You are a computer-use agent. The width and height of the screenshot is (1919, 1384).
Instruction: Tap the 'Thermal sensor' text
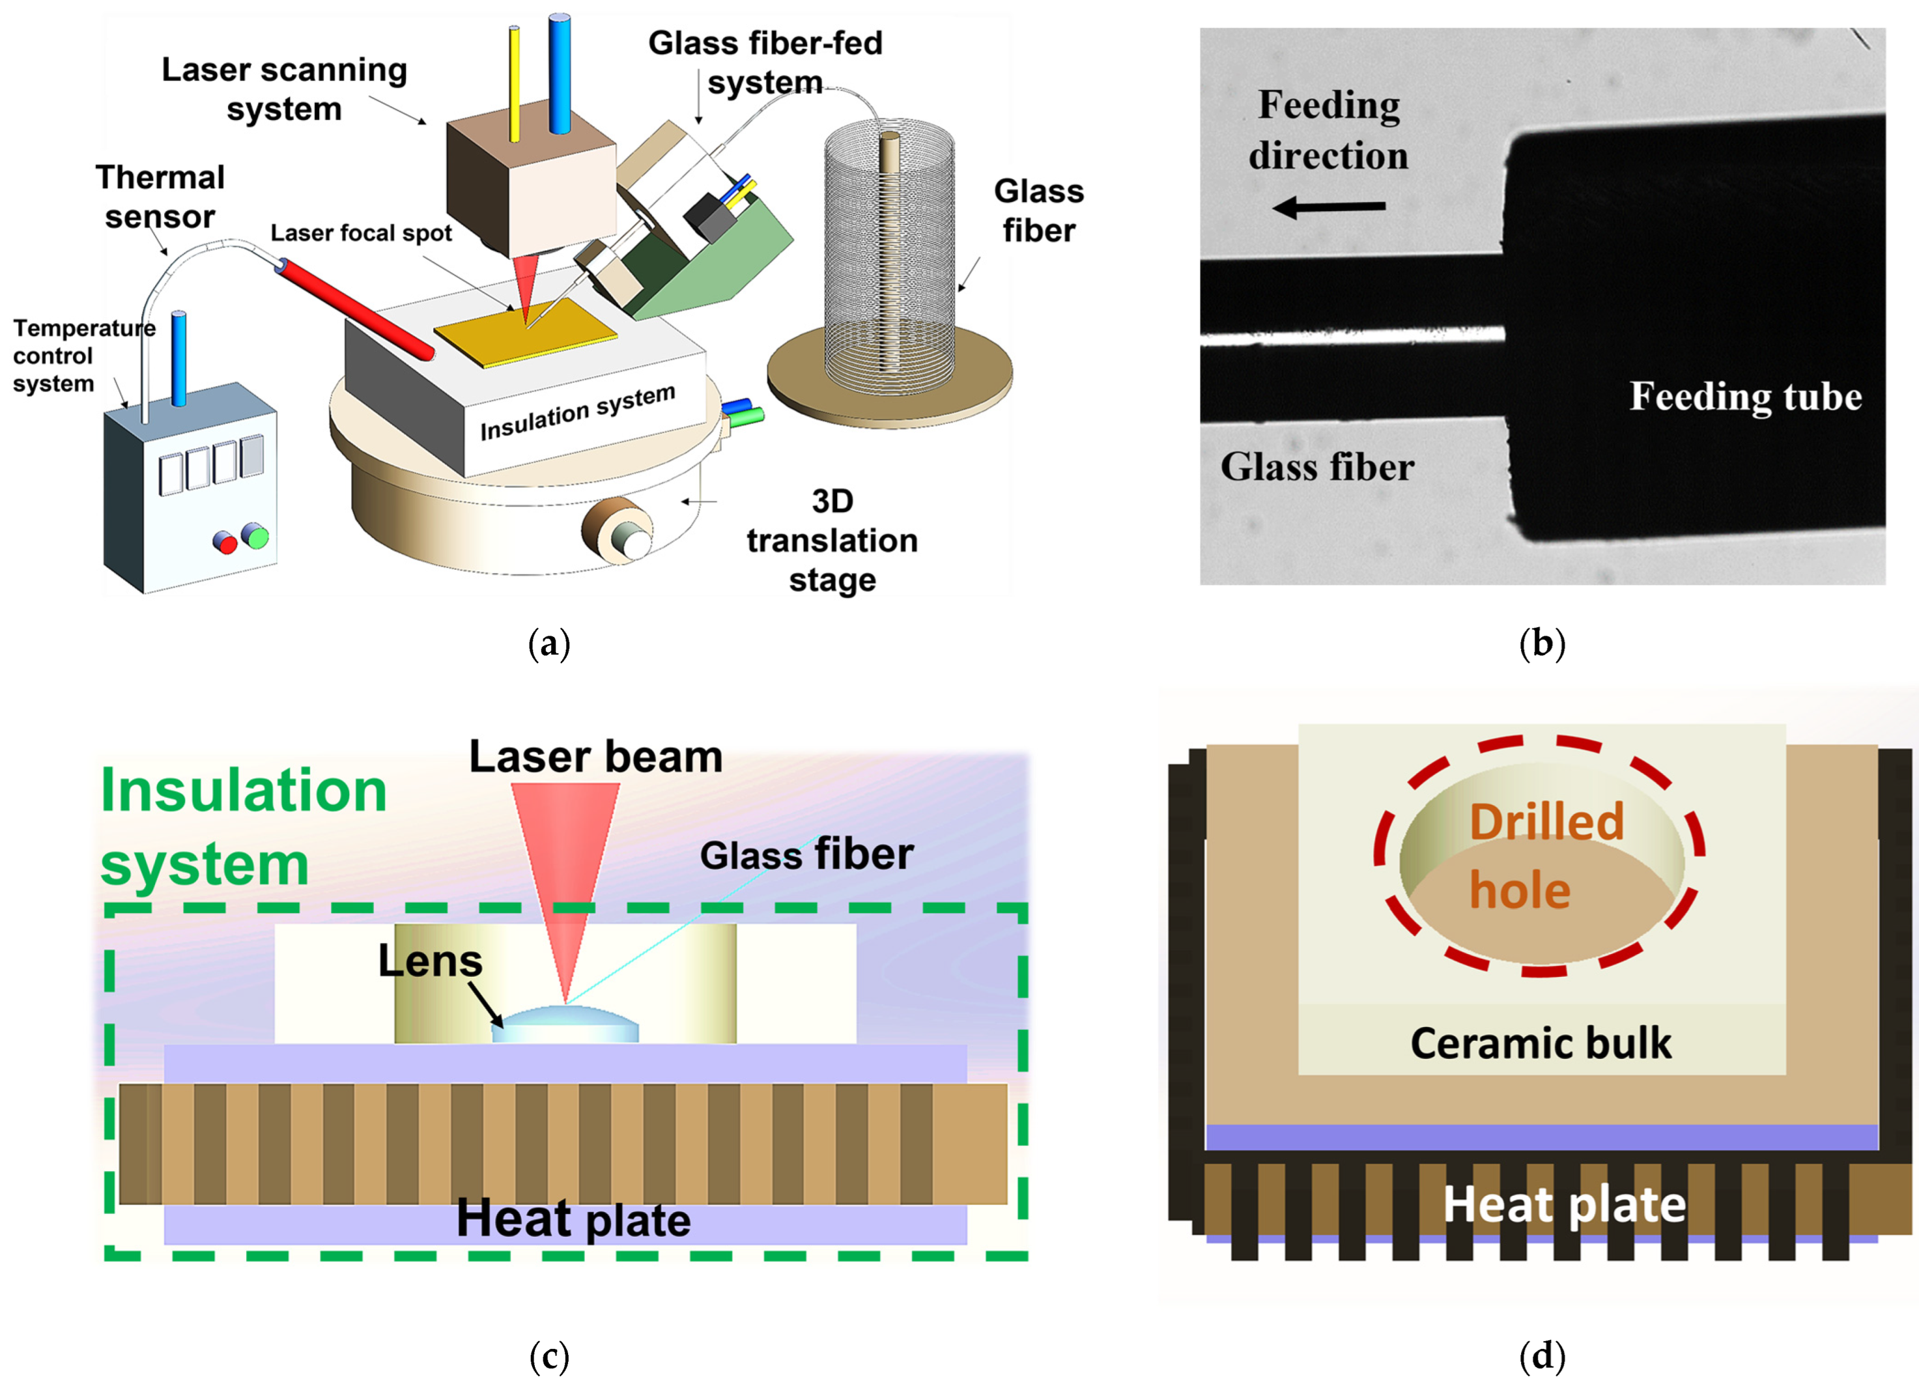[160, 196]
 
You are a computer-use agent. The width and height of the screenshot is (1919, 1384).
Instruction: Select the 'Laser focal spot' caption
[362, 233]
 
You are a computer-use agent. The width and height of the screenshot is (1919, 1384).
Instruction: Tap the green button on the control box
[255, 535]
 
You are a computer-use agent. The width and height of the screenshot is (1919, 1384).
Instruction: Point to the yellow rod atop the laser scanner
[513, 76]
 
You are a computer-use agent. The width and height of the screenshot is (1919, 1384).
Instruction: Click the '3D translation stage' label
[832, 541]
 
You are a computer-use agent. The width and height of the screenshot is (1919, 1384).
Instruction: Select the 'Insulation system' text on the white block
[578, 412]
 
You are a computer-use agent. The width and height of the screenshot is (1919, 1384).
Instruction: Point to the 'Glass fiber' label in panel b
[1316, 467]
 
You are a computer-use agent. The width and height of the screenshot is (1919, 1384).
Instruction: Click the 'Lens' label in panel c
[430, 961]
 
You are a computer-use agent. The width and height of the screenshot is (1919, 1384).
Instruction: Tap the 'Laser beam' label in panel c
[595, 756]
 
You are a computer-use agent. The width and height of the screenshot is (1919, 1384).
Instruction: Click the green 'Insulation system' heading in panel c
[244, 826]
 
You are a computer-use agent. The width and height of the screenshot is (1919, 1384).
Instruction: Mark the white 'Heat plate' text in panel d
[1563, 1204]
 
